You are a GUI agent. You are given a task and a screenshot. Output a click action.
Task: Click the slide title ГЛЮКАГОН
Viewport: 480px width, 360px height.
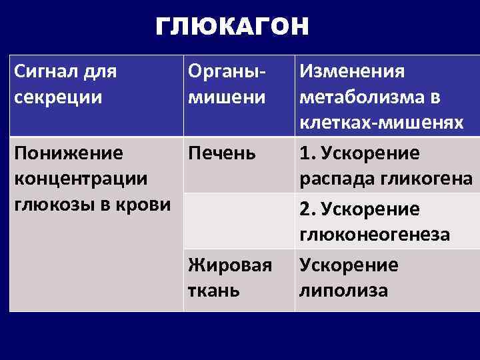(x=232, y=27)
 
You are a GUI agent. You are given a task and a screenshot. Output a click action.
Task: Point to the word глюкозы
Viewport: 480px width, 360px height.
(x=49, y=204)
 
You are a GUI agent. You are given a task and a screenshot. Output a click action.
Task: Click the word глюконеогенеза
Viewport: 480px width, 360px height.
(x=375, y=235)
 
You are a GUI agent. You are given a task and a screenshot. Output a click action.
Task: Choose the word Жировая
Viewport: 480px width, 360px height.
(x=230, y=265)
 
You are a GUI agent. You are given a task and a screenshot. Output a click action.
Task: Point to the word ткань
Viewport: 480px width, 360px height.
(x=213, y=291)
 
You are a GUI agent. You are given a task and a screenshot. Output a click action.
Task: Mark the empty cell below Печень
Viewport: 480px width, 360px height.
(x=239, y=221)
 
